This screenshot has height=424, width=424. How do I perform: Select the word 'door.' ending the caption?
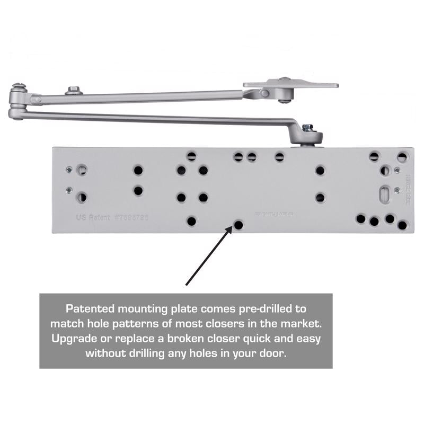(x=275, y=352)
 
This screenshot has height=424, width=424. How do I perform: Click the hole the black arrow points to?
(x=238, y=225)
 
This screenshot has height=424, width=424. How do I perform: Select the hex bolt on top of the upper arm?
(x=73, y=91)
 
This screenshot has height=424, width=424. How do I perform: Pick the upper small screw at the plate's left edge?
(x=68, y=170)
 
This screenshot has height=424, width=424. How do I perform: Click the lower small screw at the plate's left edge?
(x=68, y=190)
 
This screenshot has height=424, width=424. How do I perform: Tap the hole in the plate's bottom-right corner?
(x=402, y=225)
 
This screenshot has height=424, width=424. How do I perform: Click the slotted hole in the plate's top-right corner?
(x=402, y=157)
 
